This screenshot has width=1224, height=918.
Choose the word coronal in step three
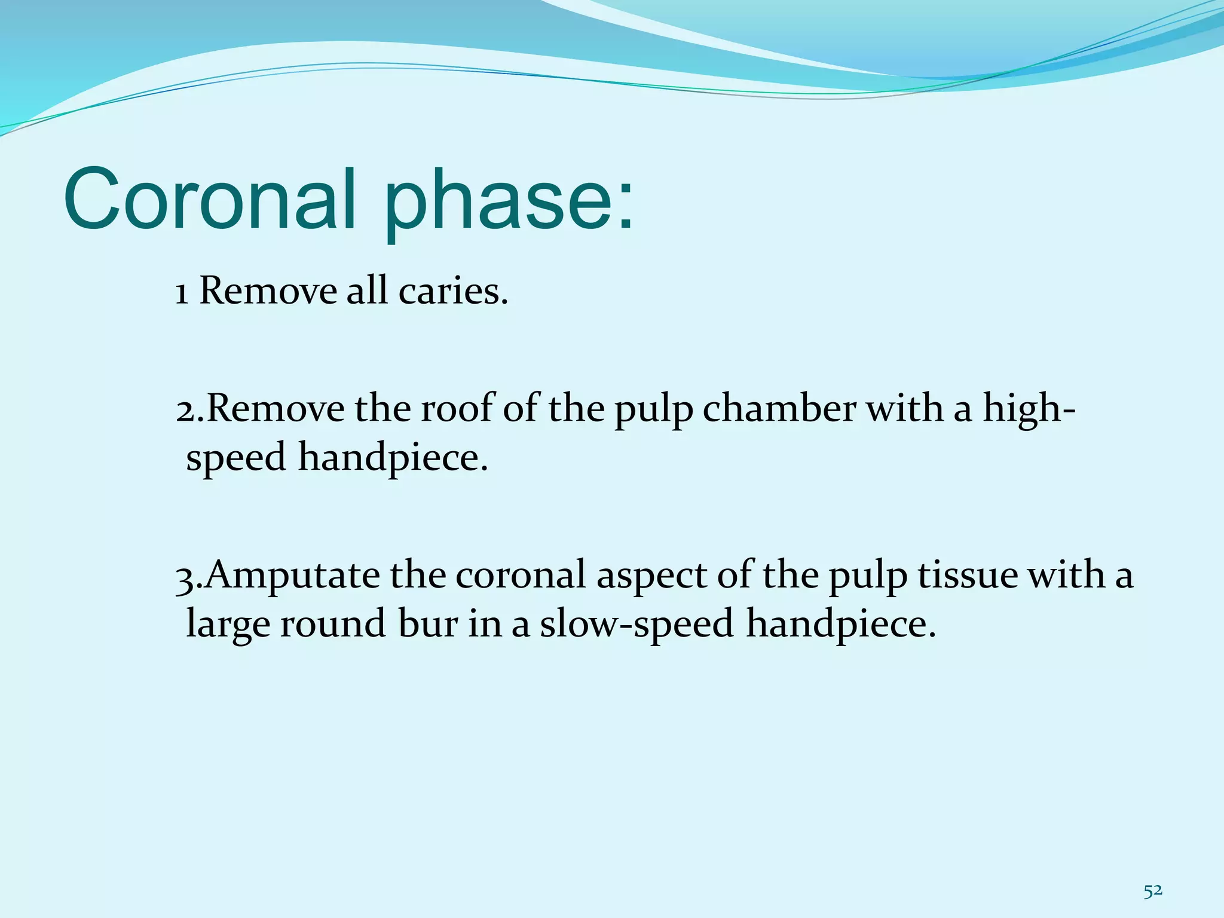pyautogui.click(x=520, y=575)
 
